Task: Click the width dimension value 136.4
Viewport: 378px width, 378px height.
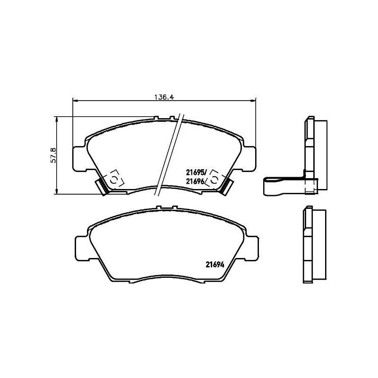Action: [x=164, y=97]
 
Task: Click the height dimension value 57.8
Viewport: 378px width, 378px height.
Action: [x=53, y=155]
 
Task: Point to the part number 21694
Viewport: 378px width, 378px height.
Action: [x=214, y=265]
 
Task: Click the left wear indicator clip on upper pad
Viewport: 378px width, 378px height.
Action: [x=103, y=185]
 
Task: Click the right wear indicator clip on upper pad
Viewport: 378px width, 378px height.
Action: [x=227, y=185]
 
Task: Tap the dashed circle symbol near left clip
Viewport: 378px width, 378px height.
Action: [x=114, y=180]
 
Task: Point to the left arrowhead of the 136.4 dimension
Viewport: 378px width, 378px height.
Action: [x=74, y=100]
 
